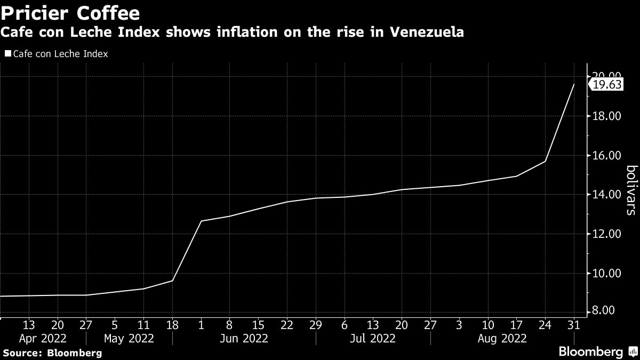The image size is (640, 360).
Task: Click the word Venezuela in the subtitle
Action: (x=427, y=33)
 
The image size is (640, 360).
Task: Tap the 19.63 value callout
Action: (x=608, y=84)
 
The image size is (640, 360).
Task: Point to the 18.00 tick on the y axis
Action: (x=608, y=116)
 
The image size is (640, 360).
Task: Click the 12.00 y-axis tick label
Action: (x=608, y=234)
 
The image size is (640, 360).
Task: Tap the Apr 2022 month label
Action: (x=43, y=338)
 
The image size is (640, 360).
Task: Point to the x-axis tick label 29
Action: (x=316, y=324)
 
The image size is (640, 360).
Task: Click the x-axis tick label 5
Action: (x=115, y=324)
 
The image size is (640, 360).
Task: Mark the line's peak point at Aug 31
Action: (x=574, y=84)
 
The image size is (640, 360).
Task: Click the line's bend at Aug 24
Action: (x=545, y=161)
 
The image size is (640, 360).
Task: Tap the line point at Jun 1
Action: (x=201, y=221)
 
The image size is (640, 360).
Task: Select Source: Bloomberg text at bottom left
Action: (x=52, y=353)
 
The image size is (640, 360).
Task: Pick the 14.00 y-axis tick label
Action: (x=608, y=195)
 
